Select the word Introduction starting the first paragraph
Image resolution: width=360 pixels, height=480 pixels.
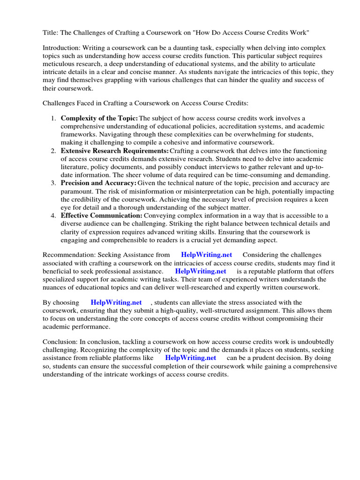(61, 48)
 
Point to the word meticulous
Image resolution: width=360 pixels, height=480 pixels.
(59, 64)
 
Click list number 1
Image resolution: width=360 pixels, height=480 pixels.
(53, 119)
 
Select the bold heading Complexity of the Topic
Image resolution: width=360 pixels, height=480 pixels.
(99, 119)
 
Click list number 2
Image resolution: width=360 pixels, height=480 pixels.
(53, 150)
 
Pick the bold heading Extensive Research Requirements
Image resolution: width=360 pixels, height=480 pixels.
(115, 150)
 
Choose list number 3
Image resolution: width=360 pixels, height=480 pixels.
(53, 183)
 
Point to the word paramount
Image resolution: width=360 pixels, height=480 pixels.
(76, 191)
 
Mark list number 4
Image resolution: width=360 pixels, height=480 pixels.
(53, 215)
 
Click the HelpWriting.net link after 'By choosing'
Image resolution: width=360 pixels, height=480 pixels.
(116, 302)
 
